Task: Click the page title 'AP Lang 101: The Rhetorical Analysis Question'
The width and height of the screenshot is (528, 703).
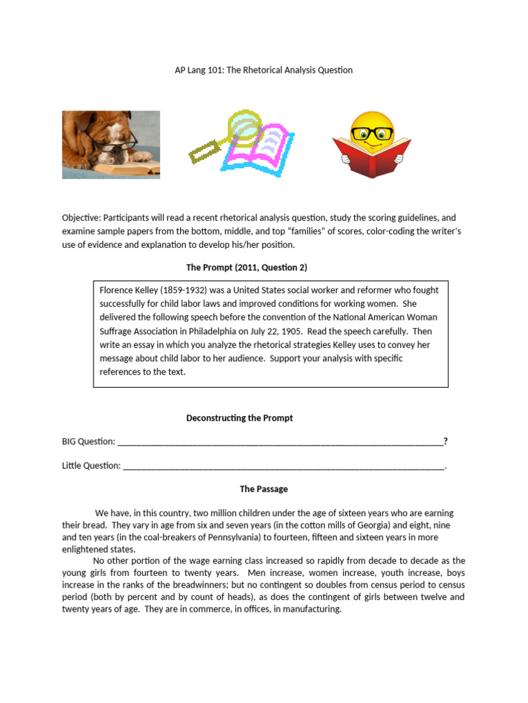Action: pyautogui.click(x=264, y=70)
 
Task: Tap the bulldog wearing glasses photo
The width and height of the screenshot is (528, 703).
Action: pyautogui.click(x=111, y=145)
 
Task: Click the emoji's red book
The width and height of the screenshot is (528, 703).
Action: pyautogui.click(x=371, y=156)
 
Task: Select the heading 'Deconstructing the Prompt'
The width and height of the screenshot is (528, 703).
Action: pyautogui.click(x=239, y=418)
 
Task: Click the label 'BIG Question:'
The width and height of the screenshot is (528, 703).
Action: pyautogui.click(x=89, y=441)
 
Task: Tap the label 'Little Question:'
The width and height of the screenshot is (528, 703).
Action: pyautogui.click(x=91, y=465)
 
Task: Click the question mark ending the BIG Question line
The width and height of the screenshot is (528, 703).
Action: pyautogui.click(x=445, y=441)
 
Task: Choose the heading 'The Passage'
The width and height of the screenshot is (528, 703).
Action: pyautogui.click(x=263, y=489)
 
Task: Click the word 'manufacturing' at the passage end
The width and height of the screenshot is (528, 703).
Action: pyautogui.click(x=311, y=609)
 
